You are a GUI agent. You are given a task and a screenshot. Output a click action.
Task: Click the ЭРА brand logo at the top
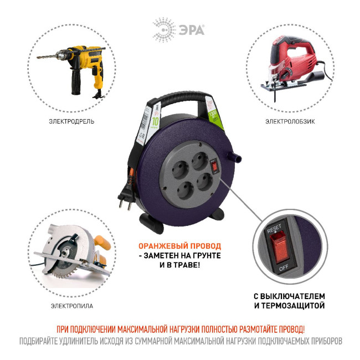click(x=178, y=27)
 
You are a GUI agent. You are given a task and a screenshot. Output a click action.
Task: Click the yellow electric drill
click(x=78, y=66)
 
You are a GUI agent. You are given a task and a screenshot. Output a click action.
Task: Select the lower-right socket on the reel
click(x=203, y=182)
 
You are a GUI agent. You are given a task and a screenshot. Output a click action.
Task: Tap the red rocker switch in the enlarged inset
click(x=279, y=248)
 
